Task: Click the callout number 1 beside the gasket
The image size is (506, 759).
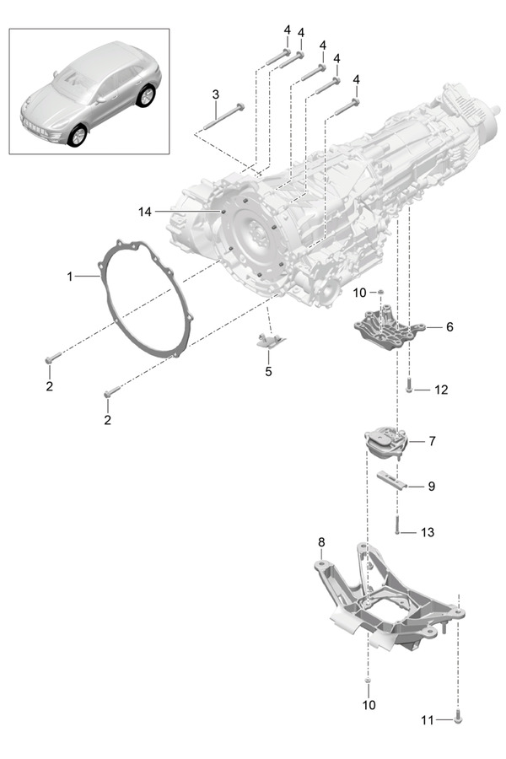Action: pos(72,276)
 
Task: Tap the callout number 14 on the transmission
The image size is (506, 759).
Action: pos(145,213)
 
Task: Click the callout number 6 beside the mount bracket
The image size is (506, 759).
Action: pos(449,326)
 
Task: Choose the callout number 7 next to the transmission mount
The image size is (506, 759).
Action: pos(432,441)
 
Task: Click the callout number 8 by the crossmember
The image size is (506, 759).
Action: pos(320,541)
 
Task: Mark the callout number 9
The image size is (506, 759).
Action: pos(431,487)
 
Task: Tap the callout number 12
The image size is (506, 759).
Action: pos(441,390)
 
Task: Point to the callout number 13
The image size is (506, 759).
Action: pos(428,532)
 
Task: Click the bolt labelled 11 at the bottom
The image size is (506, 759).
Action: pos(458,719)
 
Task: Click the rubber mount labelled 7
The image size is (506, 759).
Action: pos(385,442)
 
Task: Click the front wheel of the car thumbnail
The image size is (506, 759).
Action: pos(77,135)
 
